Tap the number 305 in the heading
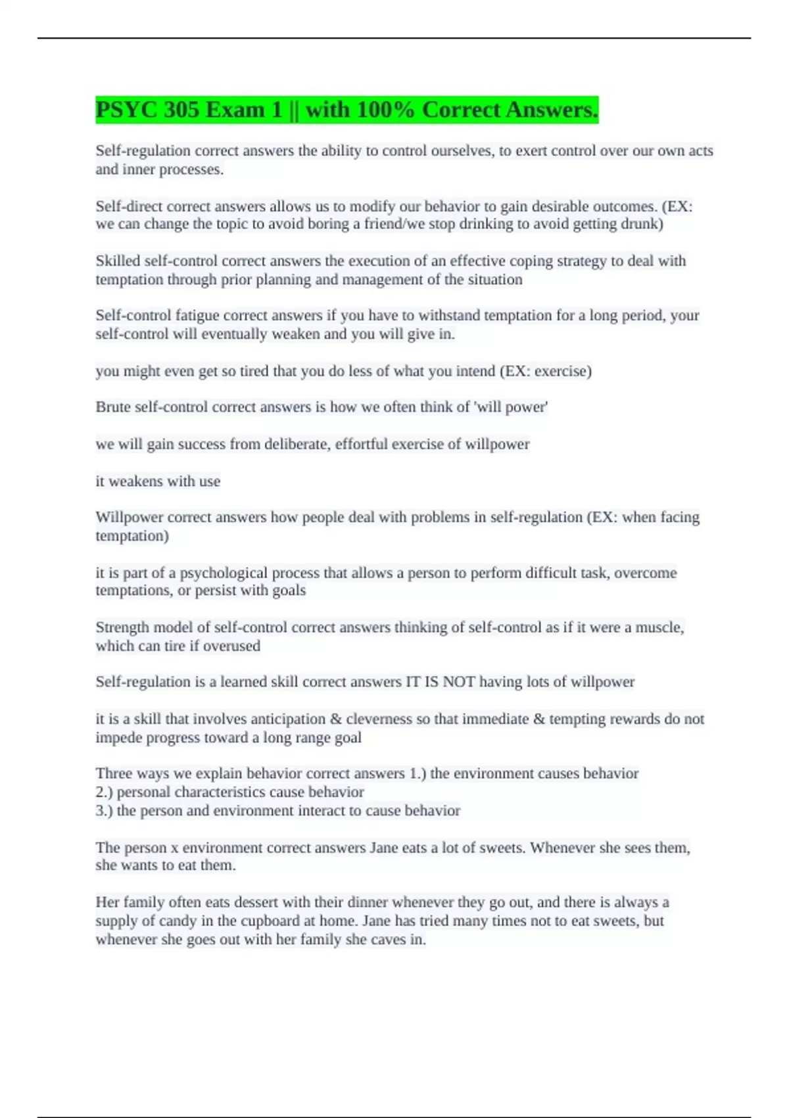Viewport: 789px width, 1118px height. click(x=181, y=110)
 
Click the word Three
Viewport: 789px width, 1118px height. click(x=113, y=773)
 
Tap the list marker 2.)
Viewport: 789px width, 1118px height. click(x=104, y=792)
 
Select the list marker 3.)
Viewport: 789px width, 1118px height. click(x=104, y=810)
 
